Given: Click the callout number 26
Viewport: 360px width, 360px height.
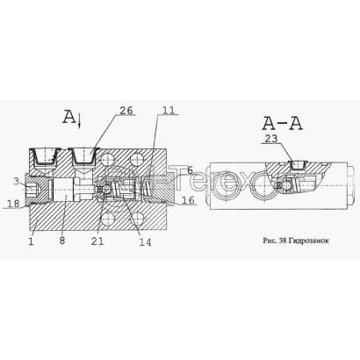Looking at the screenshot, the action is [x=126, y=111].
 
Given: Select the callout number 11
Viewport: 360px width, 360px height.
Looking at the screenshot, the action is [x=168, y=110].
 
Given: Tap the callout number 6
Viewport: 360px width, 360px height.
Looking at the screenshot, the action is [x=190, y=170].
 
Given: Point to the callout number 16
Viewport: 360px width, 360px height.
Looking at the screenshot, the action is [x=188, y=200].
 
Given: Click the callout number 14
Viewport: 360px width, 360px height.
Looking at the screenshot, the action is [x=145, y=241].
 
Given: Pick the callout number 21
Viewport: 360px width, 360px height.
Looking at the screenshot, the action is [x=97, y=241].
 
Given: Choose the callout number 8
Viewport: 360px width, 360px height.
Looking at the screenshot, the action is [x=62, y=241].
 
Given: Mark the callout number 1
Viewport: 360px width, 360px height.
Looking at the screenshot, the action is [x=32, y=241].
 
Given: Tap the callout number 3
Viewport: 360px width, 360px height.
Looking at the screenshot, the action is [x=17, y=181].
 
